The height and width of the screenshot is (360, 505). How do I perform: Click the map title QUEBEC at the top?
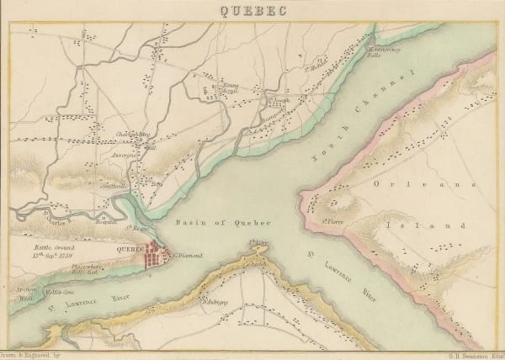click(x=252, y=11)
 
